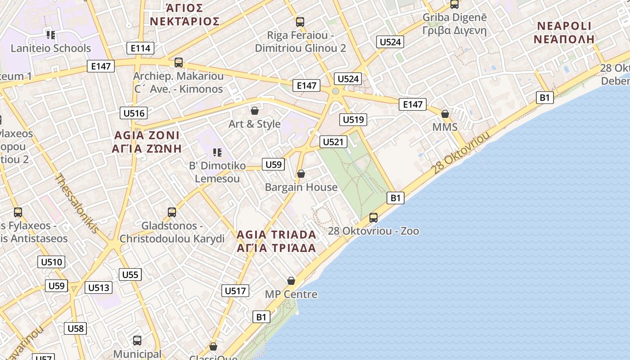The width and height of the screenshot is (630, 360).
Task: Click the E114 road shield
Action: coord(140,48)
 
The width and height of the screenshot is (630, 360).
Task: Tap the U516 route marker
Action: coord(134,113)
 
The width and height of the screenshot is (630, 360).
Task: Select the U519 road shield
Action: coord(353,119)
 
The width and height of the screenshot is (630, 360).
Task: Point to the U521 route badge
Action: coord(333,142)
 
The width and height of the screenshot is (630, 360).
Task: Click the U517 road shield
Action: coord(235,291)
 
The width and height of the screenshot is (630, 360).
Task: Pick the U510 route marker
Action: coord(52,262)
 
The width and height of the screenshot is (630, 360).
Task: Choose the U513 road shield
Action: coord(99,288)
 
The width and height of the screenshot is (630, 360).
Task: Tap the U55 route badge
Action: coord(130,274)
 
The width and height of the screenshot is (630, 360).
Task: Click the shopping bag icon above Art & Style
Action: coord(255,111)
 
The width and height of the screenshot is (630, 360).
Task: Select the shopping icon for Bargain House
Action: coord(301,174)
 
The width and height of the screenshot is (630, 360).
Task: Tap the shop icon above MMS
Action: coord(445,114)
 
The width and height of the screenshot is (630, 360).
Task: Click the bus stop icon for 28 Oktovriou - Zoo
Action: coord(373,218)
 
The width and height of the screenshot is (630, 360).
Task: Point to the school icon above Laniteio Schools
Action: coord(50,35)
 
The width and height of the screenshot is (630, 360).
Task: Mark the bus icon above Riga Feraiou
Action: coord(300,22)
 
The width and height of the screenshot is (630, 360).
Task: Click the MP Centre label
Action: coord(291,294)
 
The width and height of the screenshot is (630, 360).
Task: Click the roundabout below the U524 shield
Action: coord(335,92)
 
